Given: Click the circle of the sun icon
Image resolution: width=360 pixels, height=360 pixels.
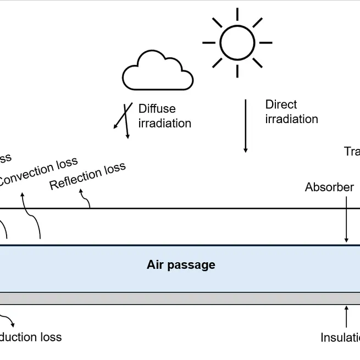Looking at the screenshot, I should point(237,42).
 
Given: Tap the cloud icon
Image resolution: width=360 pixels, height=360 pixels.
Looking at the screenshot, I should point(157,71).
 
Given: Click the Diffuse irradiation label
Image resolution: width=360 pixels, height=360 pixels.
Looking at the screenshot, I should point(164,116).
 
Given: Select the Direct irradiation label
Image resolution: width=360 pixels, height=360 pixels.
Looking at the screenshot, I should point(291,112).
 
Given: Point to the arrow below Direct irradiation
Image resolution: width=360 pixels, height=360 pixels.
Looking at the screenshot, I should point(246,126).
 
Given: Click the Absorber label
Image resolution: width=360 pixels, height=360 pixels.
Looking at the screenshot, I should point(329,187).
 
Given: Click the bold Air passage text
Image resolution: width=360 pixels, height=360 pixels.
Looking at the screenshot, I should point(181,265).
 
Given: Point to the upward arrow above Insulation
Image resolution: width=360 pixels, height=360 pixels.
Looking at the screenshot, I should point(346,317).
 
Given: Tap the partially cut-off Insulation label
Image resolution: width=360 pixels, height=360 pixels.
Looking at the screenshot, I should point(340,337).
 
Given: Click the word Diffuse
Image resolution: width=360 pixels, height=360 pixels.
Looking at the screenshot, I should point(157,109).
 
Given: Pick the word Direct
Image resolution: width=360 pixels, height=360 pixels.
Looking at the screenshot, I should point(281,104).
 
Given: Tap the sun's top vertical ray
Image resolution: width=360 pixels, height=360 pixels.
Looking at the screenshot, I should point(237,14).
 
